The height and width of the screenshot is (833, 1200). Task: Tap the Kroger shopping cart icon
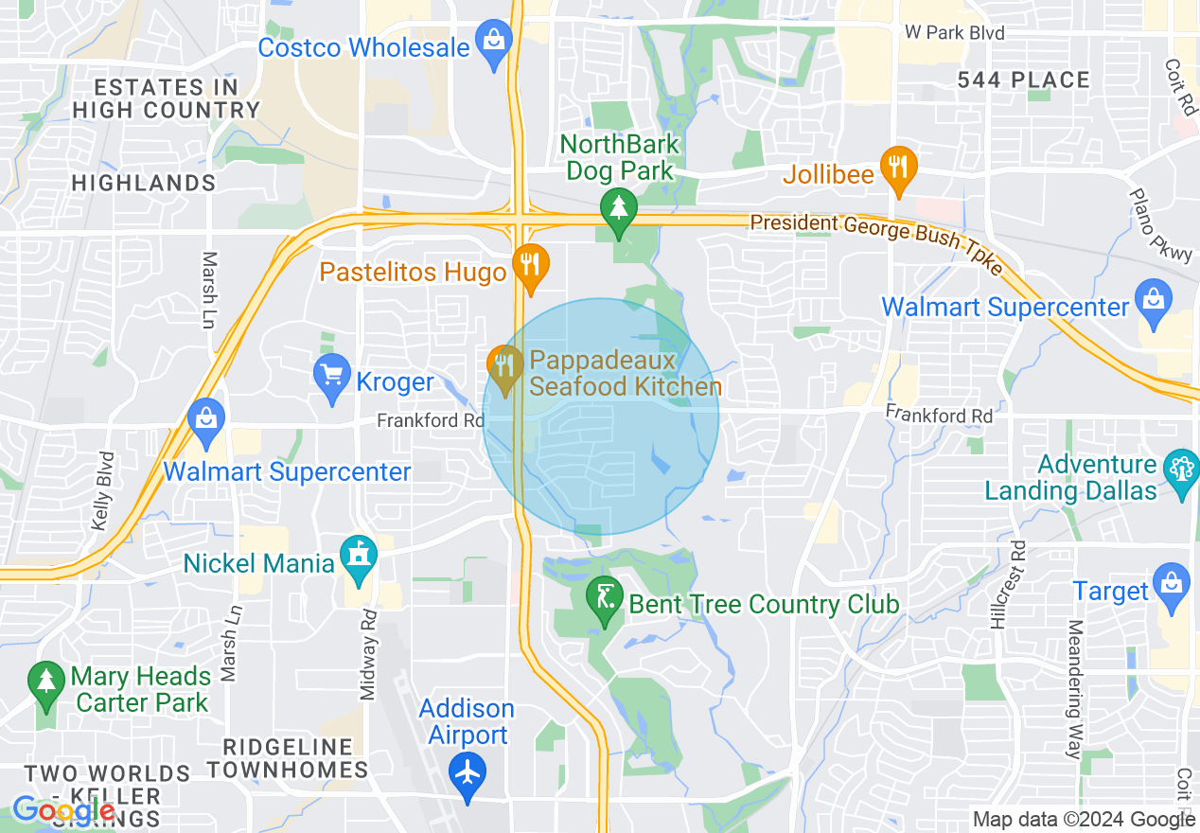[x=332, y=378]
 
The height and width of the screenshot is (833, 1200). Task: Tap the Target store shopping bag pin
[x=1172, y=585]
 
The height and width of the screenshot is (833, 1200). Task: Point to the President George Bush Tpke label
[x=875, y=237]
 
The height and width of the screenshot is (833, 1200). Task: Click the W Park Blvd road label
[x=953, y=33]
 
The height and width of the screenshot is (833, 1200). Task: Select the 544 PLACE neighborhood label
[x=1023, y=80]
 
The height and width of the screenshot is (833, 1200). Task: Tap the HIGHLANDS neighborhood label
[x=144, y=183]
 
